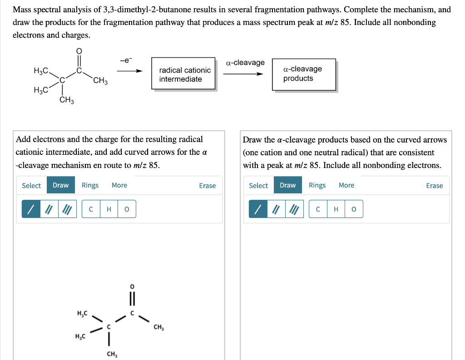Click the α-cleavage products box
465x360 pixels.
[304, 74]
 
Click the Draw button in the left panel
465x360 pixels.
[60, 185]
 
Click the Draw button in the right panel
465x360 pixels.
[287, 185]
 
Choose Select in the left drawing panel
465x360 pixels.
[31, 185]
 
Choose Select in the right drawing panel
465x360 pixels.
[258, 185]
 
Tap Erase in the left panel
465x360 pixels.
[208, 185]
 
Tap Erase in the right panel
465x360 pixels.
[435, 185]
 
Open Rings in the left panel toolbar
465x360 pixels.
[90, 185]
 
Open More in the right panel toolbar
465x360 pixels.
[346, 185]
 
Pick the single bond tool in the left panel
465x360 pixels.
[31, 209]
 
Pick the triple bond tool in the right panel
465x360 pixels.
[294, 209]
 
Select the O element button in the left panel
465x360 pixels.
[127, 209]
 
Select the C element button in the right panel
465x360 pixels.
[318, 209]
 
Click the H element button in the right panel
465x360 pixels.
[336, 209]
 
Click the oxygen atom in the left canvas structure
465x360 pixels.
[132, 286]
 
